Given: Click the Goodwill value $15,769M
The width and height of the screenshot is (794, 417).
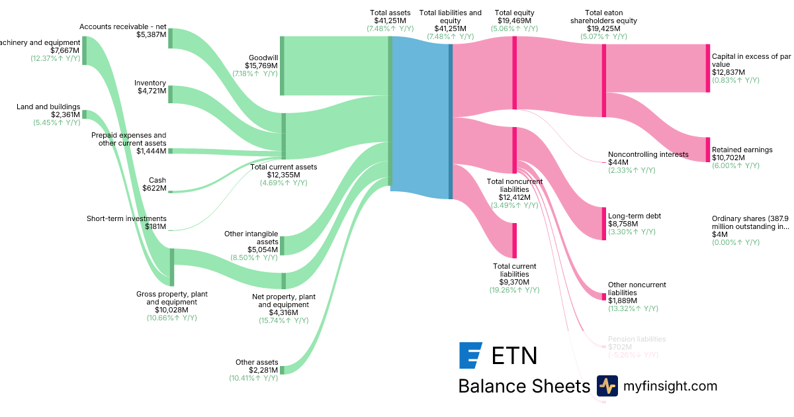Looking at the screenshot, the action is click(261, 66).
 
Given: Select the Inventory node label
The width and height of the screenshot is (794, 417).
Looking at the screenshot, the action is click(150, 83).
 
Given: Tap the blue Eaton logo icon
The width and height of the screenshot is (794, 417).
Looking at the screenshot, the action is click(470, 355).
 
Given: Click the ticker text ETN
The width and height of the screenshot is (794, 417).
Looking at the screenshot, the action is click(514, 355).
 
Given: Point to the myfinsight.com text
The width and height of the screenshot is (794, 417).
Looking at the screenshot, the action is click(670, 386).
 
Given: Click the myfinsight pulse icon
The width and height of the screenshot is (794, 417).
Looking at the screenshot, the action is click(607, 386).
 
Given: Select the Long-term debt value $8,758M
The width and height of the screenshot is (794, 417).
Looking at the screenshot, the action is click(623, 224).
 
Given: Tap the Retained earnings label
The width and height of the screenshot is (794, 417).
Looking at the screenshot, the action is click(742, 150).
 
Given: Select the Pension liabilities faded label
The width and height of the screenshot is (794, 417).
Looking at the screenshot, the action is click(637, 339).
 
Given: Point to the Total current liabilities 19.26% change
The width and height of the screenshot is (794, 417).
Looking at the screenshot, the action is click(515, 290).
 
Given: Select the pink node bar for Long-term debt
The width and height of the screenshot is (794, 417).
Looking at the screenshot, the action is click(604, 224).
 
